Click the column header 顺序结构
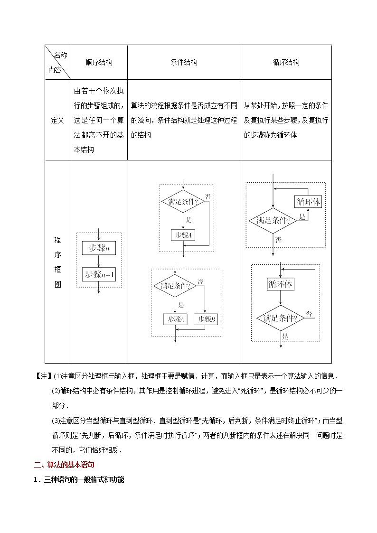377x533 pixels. click(99, 62)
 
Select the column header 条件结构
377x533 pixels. click(184, 62)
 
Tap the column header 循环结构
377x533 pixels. click(286, 62)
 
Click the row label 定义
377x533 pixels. click(57, 121)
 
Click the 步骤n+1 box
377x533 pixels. click(99, 274)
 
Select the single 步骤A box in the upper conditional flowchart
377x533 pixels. click(183, 235)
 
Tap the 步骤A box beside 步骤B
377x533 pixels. click(175, 319)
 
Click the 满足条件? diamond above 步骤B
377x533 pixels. click(175, 286)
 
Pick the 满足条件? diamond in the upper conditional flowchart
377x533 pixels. click(183, 202)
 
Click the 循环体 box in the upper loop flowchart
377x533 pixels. click(309, 202)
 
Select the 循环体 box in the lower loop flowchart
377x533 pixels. click(280, 284)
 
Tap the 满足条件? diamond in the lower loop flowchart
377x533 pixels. click(280, 318)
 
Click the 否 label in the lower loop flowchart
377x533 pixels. click(309, 313)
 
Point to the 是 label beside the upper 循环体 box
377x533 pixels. click(302, 217)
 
